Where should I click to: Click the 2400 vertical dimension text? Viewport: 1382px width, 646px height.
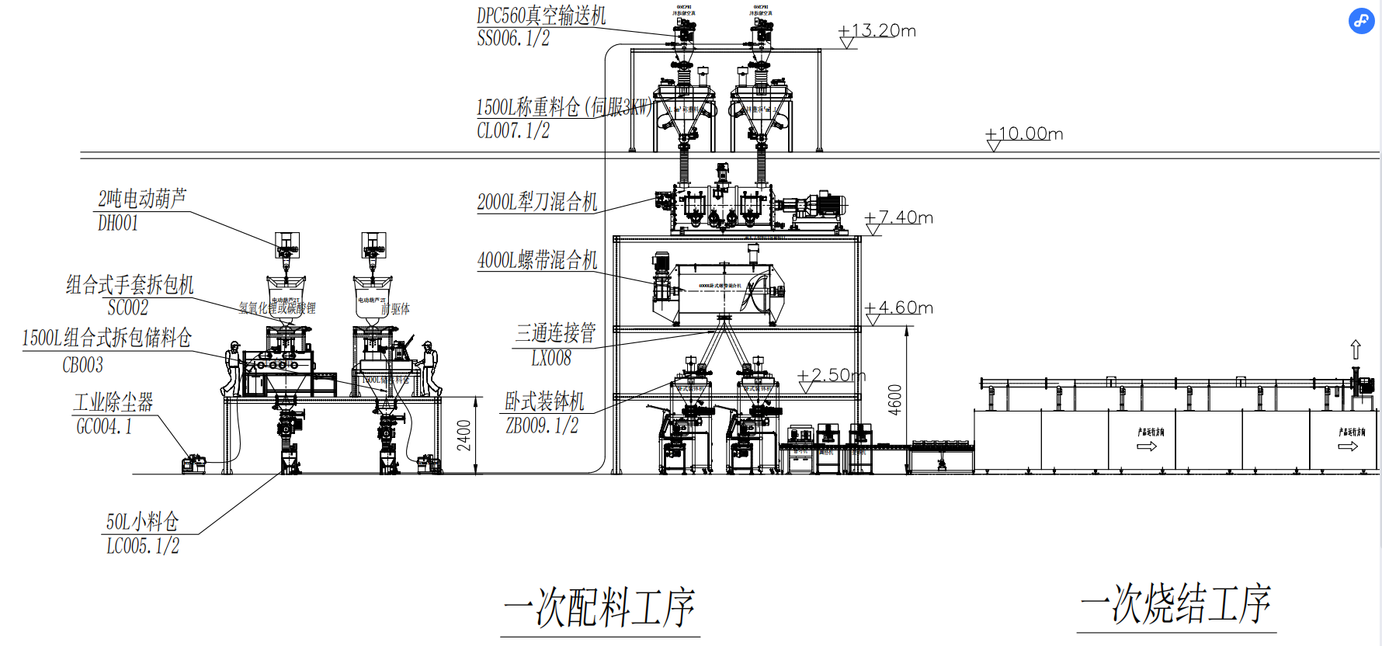[464, 436]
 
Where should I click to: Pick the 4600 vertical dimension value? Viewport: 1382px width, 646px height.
[895, 400]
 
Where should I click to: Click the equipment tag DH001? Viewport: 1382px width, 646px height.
[118, 224]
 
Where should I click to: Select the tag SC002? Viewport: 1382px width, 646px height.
[128, 308]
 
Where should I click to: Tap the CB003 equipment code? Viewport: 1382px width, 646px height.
[83, 365]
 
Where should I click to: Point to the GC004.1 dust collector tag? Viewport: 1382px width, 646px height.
[104, 426]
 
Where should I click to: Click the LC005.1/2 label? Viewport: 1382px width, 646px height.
[143, 547]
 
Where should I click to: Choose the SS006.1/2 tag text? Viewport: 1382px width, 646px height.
[513, 39]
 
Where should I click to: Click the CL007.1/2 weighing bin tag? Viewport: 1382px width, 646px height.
[513, 131]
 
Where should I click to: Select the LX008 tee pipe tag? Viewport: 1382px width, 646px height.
[551, 359]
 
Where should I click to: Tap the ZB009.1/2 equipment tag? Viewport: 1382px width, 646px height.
[542, 426]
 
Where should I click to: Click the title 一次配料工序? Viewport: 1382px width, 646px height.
[599, 607]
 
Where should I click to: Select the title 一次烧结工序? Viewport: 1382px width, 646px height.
[1175, 604]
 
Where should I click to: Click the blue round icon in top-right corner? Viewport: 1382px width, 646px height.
[1361, 21]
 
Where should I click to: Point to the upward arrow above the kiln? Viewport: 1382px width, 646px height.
[1356, 349]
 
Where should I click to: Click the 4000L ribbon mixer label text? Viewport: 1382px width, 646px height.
[537, 260]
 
